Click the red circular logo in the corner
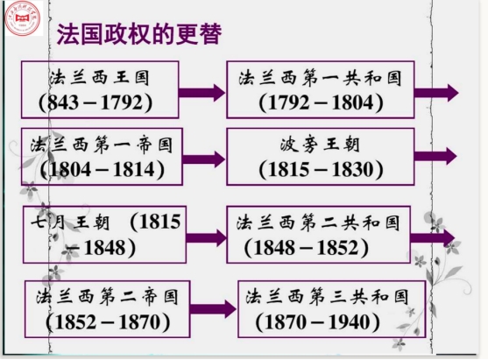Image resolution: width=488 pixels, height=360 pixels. pyautogui.click(x=23, y=18)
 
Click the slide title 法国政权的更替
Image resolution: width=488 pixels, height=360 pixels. pyautogui.click(x=139, y=34)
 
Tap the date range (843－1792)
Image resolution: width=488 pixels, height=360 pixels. pyautogui.click(x=95, y=102)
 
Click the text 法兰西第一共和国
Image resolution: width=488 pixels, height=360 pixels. pyautogui.click(x=321, y=78)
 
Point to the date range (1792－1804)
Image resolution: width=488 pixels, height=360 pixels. pyautogui.click(x=321, y=102)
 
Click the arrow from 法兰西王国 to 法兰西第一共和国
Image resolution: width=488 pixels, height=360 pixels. pyautogui.click(x=202, y=93)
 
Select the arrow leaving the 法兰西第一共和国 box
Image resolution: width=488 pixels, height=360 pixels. pyautogui.click(x=436, y=93)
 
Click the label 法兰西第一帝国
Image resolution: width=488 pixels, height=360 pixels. pyautogui.click(x=102, y=145)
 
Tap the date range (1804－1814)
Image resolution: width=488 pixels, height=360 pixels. pyautogui.click(x=103, y=170)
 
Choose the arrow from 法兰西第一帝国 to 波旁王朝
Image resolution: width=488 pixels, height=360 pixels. pyautogui.click(x=203, y=159)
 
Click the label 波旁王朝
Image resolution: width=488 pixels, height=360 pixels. pyautogui.click(x=320, y=145)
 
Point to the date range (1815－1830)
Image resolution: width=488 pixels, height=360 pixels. pyautogui.click(x=321, y=170)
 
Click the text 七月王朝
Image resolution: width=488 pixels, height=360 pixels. pyautogui.click(x=70, y=222)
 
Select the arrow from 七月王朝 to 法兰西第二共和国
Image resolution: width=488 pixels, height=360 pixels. pyautogui.click(x=207, y=238)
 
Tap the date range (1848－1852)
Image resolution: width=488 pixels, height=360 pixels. pyautogui.click(x=307, y=248)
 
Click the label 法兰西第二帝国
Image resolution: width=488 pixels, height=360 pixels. pyautogui.click(x=108, y=297)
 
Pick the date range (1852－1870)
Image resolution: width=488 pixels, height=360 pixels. pyautogui.click(x=108, y=322)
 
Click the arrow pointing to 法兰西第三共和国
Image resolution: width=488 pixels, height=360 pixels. pyautogui.click(x=213, y=309)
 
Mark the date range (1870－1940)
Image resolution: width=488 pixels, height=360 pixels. pyautogui.click(x=318, y=322)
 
